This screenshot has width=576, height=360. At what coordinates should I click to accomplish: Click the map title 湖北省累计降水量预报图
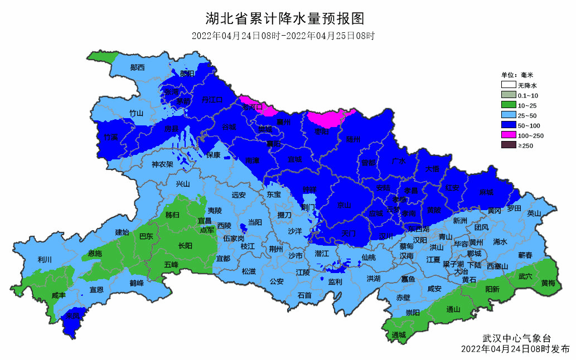[284, 19]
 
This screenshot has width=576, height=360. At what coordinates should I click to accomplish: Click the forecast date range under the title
[283, 36]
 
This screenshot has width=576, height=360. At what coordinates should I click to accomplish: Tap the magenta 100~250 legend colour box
[507, 135]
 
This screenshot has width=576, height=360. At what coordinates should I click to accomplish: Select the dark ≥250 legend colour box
[507, 145]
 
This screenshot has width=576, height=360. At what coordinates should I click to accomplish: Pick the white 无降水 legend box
[507, 85]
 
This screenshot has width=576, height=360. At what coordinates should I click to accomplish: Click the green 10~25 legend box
[507, 105]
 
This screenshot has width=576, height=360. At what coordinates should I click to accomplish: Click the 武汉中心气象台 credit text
[516, 338]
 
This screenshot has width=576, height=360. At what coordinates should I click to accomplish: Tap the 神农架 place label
[162, 164]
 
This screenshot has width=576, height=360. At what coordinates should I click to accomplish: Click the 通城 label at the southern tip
[399, 335]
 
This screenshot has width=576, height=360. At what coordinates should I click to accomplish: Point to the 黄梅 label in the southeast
[548, 283]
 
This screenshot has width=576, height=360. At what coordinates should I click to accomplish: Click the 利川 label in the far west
[45, 260]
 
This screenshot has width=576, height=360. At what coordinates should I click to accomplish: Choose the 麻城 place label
[486, 192]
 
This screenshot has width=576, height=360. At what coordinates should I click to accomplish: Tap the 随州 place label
[353, 139]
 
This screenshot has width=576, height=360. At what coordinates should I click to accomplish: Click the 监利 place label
[335, 282]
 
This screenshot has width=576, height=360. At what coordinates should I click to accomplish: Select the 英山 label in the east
[534, 213]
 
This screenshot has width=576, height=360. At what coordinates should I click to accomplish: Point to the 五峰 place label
[171, 265]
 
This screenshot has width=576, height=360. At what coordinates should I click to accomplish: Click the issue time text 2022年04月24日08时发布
[515, 349]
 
